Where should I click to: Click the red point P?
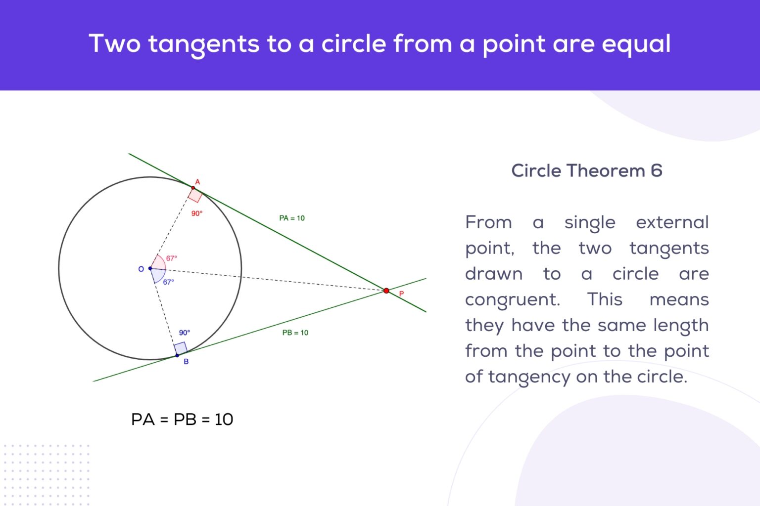click(x=386, y=291)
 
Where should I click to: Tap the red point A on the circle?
click(x=193, y=188)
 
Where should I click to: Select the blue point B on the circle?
click(x=177, y=355)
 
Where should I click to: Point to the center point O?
click(x=150, y=268)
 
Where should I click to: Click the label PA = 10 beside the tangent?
click(x=292, y=218)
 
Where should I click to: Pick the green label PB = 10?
click(x=295, y=333)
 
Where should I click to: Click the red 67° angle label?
click(x=171, y=258)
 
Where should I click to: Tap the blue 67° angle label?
click(x=168, y=282)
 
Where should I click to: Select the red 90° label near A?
click(x=197, y=213)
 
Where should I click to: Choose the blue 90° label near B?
click(x=185, y=333)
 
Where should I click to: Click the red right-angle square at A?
click(x=195, y=195)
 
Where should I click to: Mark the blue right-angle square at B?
click(x=181, y=348)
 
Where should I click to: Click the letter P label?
click(x=401, y=294)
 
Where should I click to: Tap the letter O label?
click(x=141, y=269)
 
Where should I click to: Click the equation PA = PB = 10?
click(x=182, y=419)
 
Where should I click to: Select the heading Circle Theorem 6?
click(x=586, y=170)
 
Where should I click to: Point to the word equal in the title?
click(x=636, y=44)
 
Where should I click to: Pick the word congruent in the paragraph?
click(x=512, y=299)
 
